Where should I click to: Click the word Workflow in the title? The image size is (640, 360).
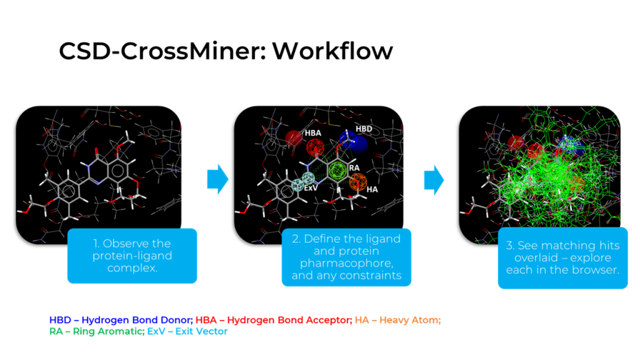[332, 51]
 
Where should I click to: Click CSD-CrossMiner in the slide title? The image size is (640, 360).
[160, 51]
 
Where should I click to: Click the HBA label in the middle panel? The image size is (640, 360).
[313, 133]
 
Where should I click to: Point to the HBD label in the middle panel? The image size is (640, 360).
[363, 128]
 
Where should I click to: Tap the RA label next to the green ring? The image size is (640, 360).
[354, 168]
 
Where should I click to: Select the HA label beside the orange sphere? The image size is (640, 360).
[372, 189]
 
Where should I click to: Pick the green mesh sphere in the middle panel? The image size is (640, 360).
[337, 169]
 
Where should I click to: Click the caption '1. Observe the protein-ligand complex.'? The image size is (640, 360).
[132, 256]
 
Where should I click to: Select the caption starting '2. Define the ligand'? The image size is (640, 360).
[346, 257]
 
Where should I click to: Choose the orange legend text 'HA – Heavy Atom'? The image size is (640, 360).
[397, 320]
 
